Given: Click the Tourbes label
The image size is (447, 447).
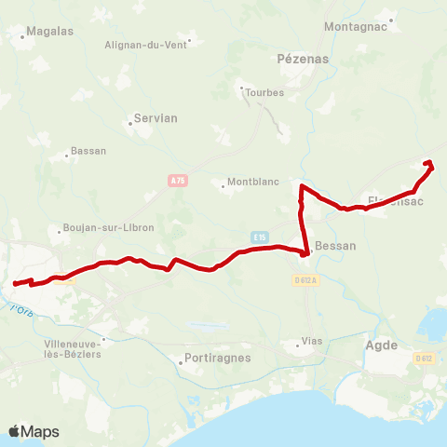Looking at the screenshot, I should (264, 92).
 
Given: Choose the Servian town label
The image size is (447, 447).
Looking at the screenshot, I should (156, 118).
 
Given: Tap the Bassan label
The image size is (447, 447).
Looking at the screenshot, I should (89, 151).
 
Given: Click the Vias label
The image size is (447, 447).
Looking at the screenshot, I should (312, 342).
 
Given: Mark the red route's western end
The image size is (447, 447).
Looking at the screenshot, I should (14, 284).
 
